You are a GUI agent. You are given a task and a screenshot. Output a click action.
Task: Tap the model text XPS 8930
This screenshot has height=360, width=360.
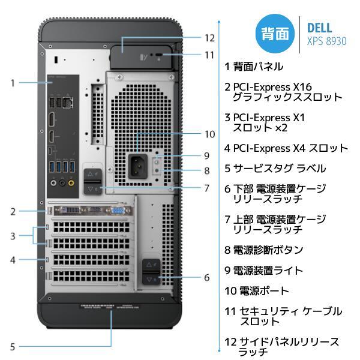point(326,41)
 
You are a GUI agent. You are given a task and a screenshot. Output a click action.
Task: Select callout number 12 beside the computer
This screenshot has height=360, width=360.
point(209,37)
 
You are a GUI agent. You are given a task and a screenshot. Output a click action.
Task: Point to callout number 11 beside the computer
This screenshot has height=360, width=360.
point(209,55)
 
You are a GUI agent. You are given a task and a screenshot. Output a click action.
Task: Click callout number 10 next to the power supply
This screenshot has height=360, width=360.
point(209,134)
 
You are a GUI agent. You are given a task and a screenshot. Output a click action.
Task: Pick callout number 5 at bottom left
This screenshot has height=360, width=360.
point(12,346)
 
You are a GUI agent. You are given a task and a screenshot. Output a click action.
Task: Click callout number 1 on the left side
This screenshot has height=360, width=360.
point(12,83)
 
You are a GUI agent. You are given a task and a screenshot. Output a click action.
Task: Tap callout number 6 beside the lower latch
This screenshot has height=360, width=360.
point(206,277)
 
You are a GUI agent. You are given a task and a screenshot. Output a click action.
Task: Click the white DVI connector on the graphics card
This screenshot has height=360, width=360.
point(70,211)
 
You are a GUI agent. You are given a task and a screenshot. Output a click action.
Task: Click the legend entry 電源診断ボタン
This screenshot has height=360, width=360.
point(264,250)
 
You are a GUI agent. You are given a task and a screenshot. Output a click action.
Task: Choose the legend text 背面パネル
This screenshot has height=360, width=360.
point(258,66)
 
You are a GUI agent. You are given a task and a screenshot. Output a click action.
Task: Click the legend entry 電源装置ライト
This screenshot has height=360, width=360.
point(264,270)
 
